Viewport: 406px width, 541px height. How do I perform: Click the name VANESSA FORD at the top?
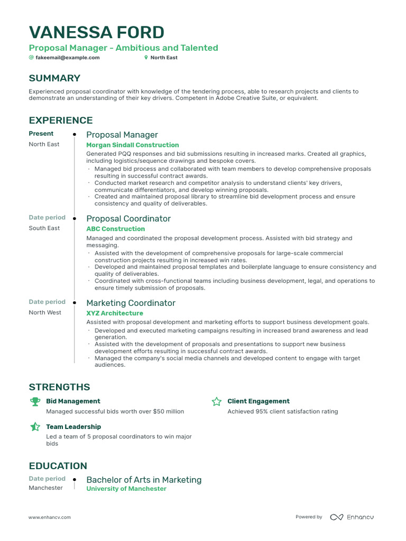click(x=96, y=32)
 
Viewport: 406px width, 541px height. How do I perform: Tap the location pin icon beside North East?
click(x=146, y=58)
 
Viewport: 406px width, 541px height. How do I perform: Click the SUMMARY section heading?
click(x=54, y=78)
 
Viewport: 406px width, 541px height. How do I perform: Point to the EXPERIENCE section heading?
click(x=60, y=120)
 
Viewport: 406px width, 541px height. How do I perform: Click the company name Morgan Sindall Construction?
click(x=132, y=145)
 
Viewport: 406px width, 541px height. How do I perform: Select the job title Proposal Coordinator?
click(x=128, y=219)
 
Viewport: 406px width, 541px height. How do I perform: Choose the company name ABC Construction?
click(x=115, y=229)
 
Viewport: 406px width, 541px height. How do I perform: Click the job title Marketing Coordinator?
click(x=131, y=303)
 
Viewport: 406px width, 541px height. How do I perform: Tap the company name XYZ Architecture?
click(x=114, y=313)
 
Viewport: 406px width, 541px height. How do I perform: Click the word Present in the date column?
click(x=41, y=134)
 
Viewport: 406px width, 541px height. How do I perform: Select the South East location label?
click(x=44, y=228)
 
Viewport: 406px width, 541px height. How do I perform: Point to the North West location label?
click(x=44, y=312)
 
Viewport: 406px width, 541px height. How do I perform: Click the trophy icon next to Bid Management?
click(x=35, y=402)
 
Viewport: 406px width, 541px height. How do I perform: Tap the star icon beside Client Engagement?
click(x=216, y=402)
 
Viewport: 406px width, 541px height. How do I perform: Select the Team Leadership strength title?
click(x=73, y=426)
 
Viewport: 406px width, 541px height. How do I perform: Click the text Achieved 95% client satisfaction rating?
click(x=282, y=412)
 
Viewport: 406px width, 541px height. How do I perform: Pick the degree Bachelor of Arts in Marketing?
click(x=144, y=480)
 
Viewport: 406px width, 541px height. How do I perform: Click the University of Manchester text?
click(x=126, y=489)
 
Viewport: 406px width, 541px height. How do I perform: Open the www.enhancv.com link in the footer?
click(x=49, y=517)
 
